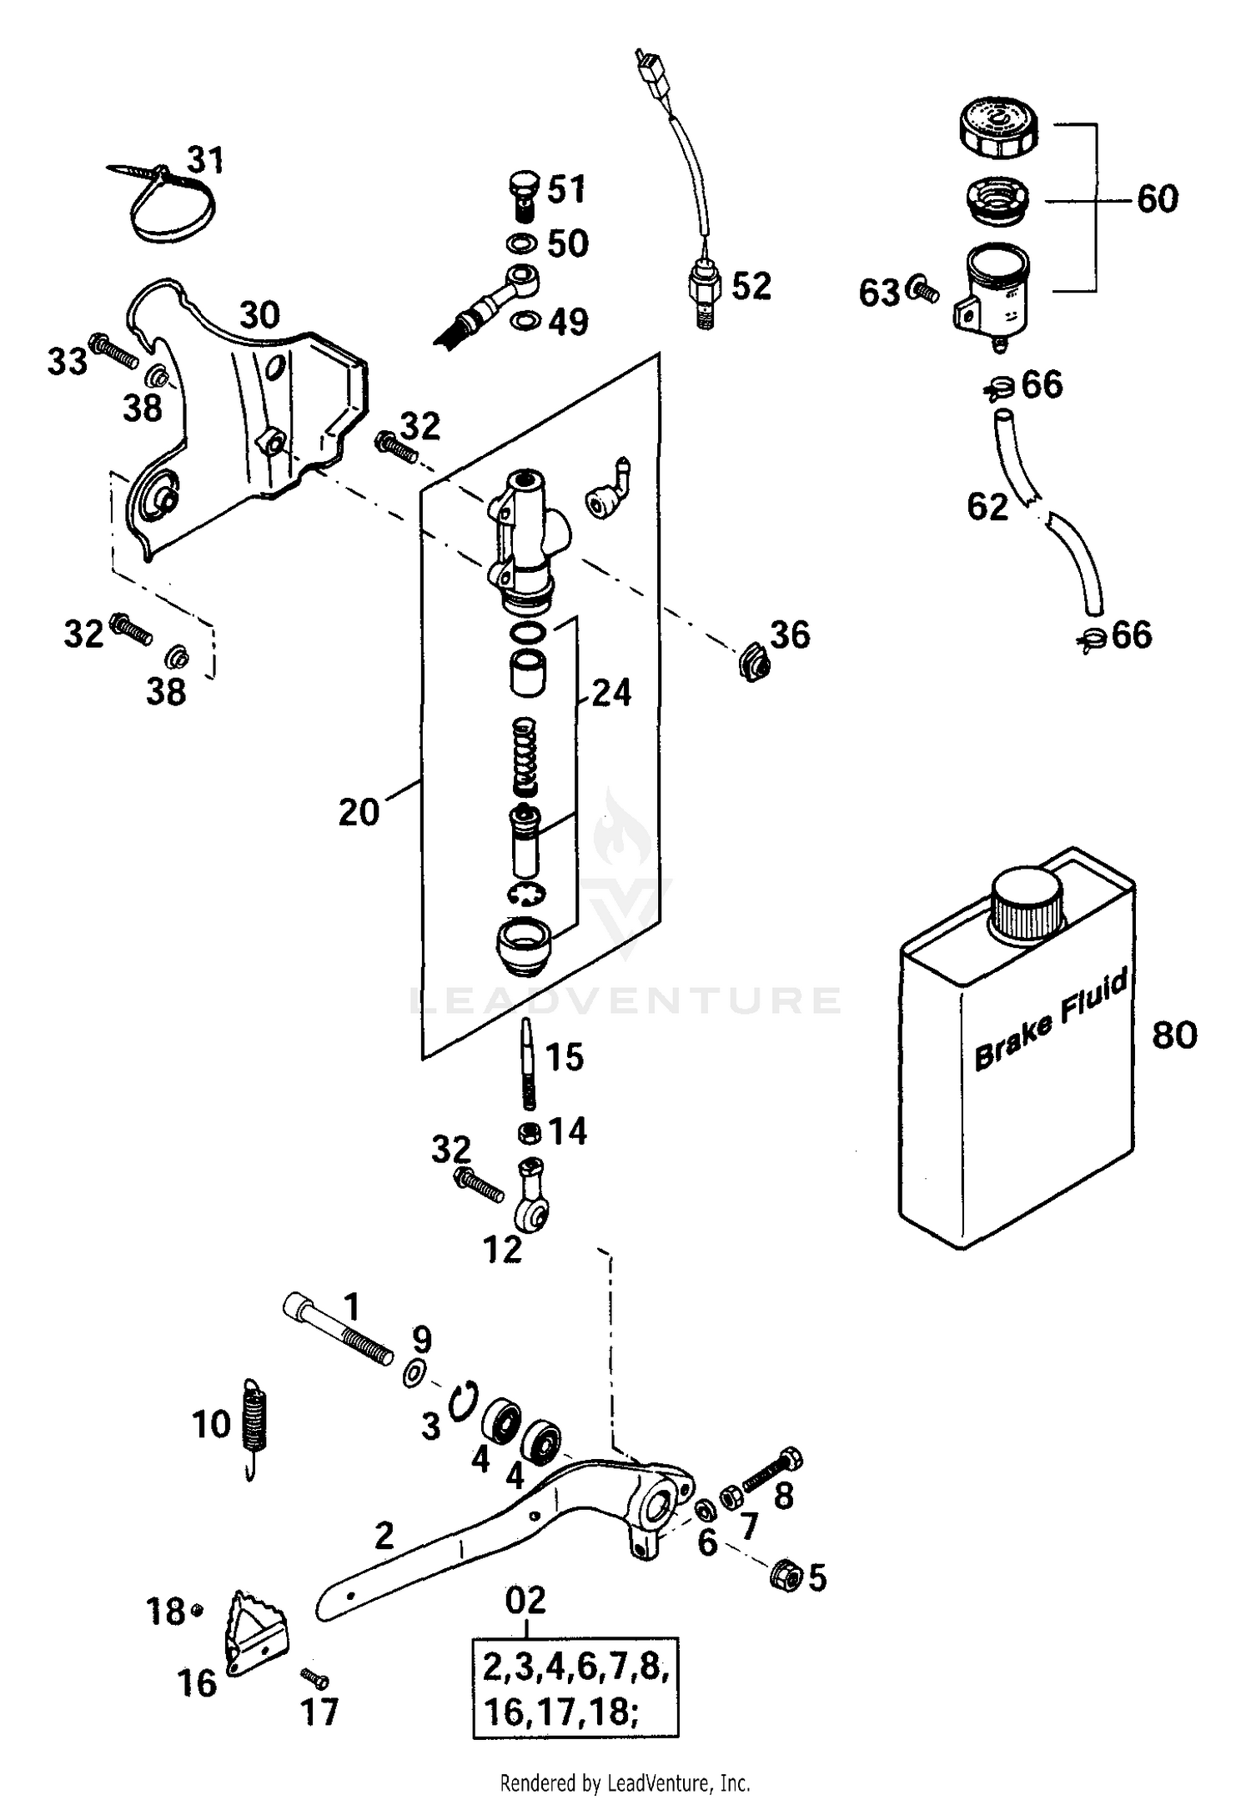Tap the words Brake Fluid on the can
click(x=1050, y=1019)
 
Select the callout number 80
click(x=1174, y=1035)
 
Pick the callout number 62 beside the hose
click(x=987, y=506)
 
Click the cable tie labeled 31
click(x=171, y=204)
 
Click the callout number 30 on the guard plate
click(x=259, y=316)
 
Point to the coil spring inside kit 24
click(x=525, y=757)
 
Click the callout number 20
click(x=359, y=811)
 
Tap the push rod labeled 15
click(x=527, y=1063)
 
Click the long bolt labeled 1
click(x=337, y=1329)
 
